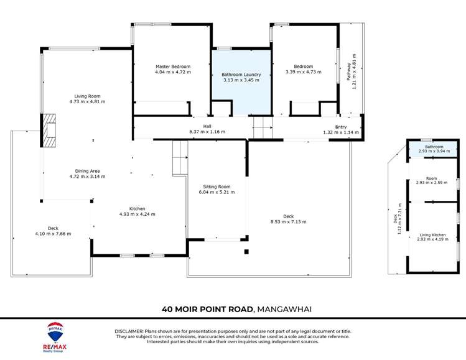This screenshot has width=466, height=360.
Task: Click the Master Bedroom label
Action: pyautogui.click(x=172, y=67)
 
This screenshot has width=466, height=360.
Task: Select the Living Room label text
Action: pyautogui.click(x=87, y=96)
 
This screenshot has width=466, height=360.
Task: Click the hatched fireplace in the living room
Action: pyautogui.click(x=50, y=131)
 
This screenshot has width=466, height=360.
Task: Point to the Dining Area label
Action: pyautogui.click(x=87, y=171)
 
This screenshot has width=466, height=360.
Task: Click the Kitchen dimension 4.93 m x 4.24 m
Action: pyautogui.click(x=137, y=214)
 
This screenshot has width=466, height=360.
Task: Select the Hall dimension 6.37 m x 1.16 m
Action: pyautogui.click(x=207, y=132)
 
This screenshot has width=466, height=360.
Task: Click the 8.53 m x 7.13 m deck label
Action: pyautogui.click(x=288, y=221)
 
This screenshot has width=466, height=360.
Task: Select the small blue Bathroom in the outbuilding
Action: pyautogui.click(x=433, y=149)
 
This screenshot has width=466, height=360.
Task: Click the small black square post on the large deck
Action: pyautogui.click(x=246, y=252)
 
